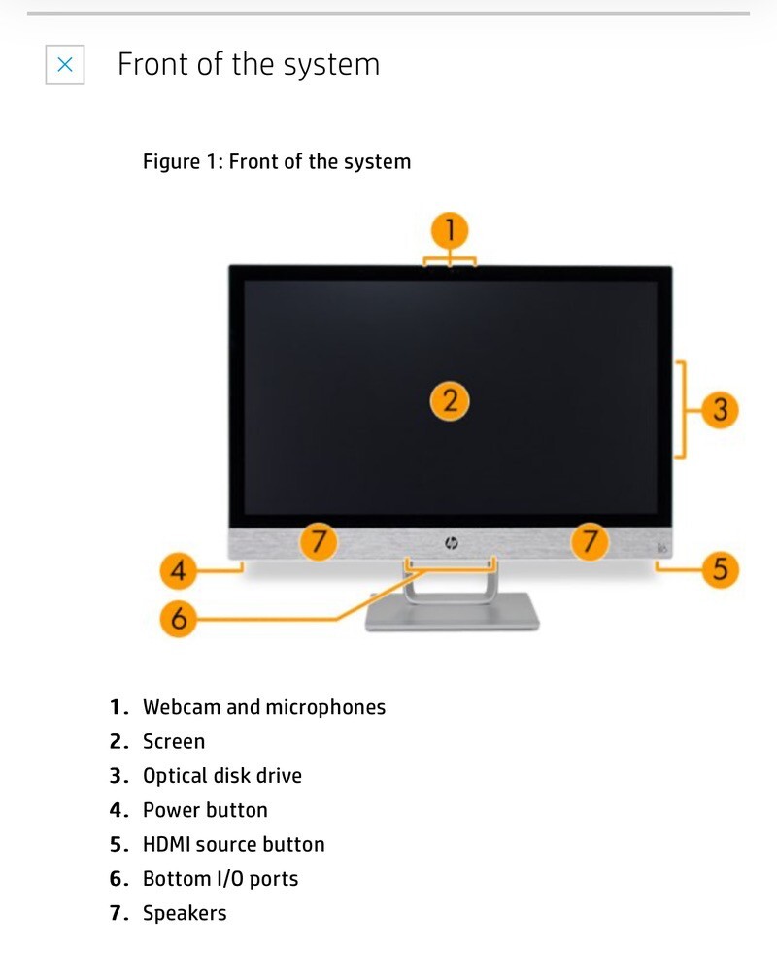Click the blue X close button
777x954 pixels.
64,64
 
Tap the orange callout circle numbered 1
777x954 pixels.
450,230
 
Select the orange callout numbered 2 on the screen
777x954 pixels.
450,401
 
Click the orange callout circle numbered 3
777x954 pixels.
720,409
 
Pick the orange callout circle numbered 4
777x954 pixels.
179,570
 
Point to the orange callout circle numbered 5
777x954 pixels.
720,569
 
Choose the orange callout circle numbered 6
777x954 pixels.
179,619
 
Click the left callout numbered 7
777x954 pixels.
319,541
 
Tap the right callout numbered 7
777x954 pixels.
589,541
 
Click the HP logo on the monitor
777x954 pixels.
451,543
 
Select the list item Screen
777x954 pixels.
174,741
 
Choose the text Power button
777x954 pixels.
205,810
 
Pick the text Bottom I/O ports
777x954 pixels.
220,879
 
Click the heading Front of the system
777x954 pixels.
249,64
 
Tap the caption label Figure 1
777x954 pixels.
180,162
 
